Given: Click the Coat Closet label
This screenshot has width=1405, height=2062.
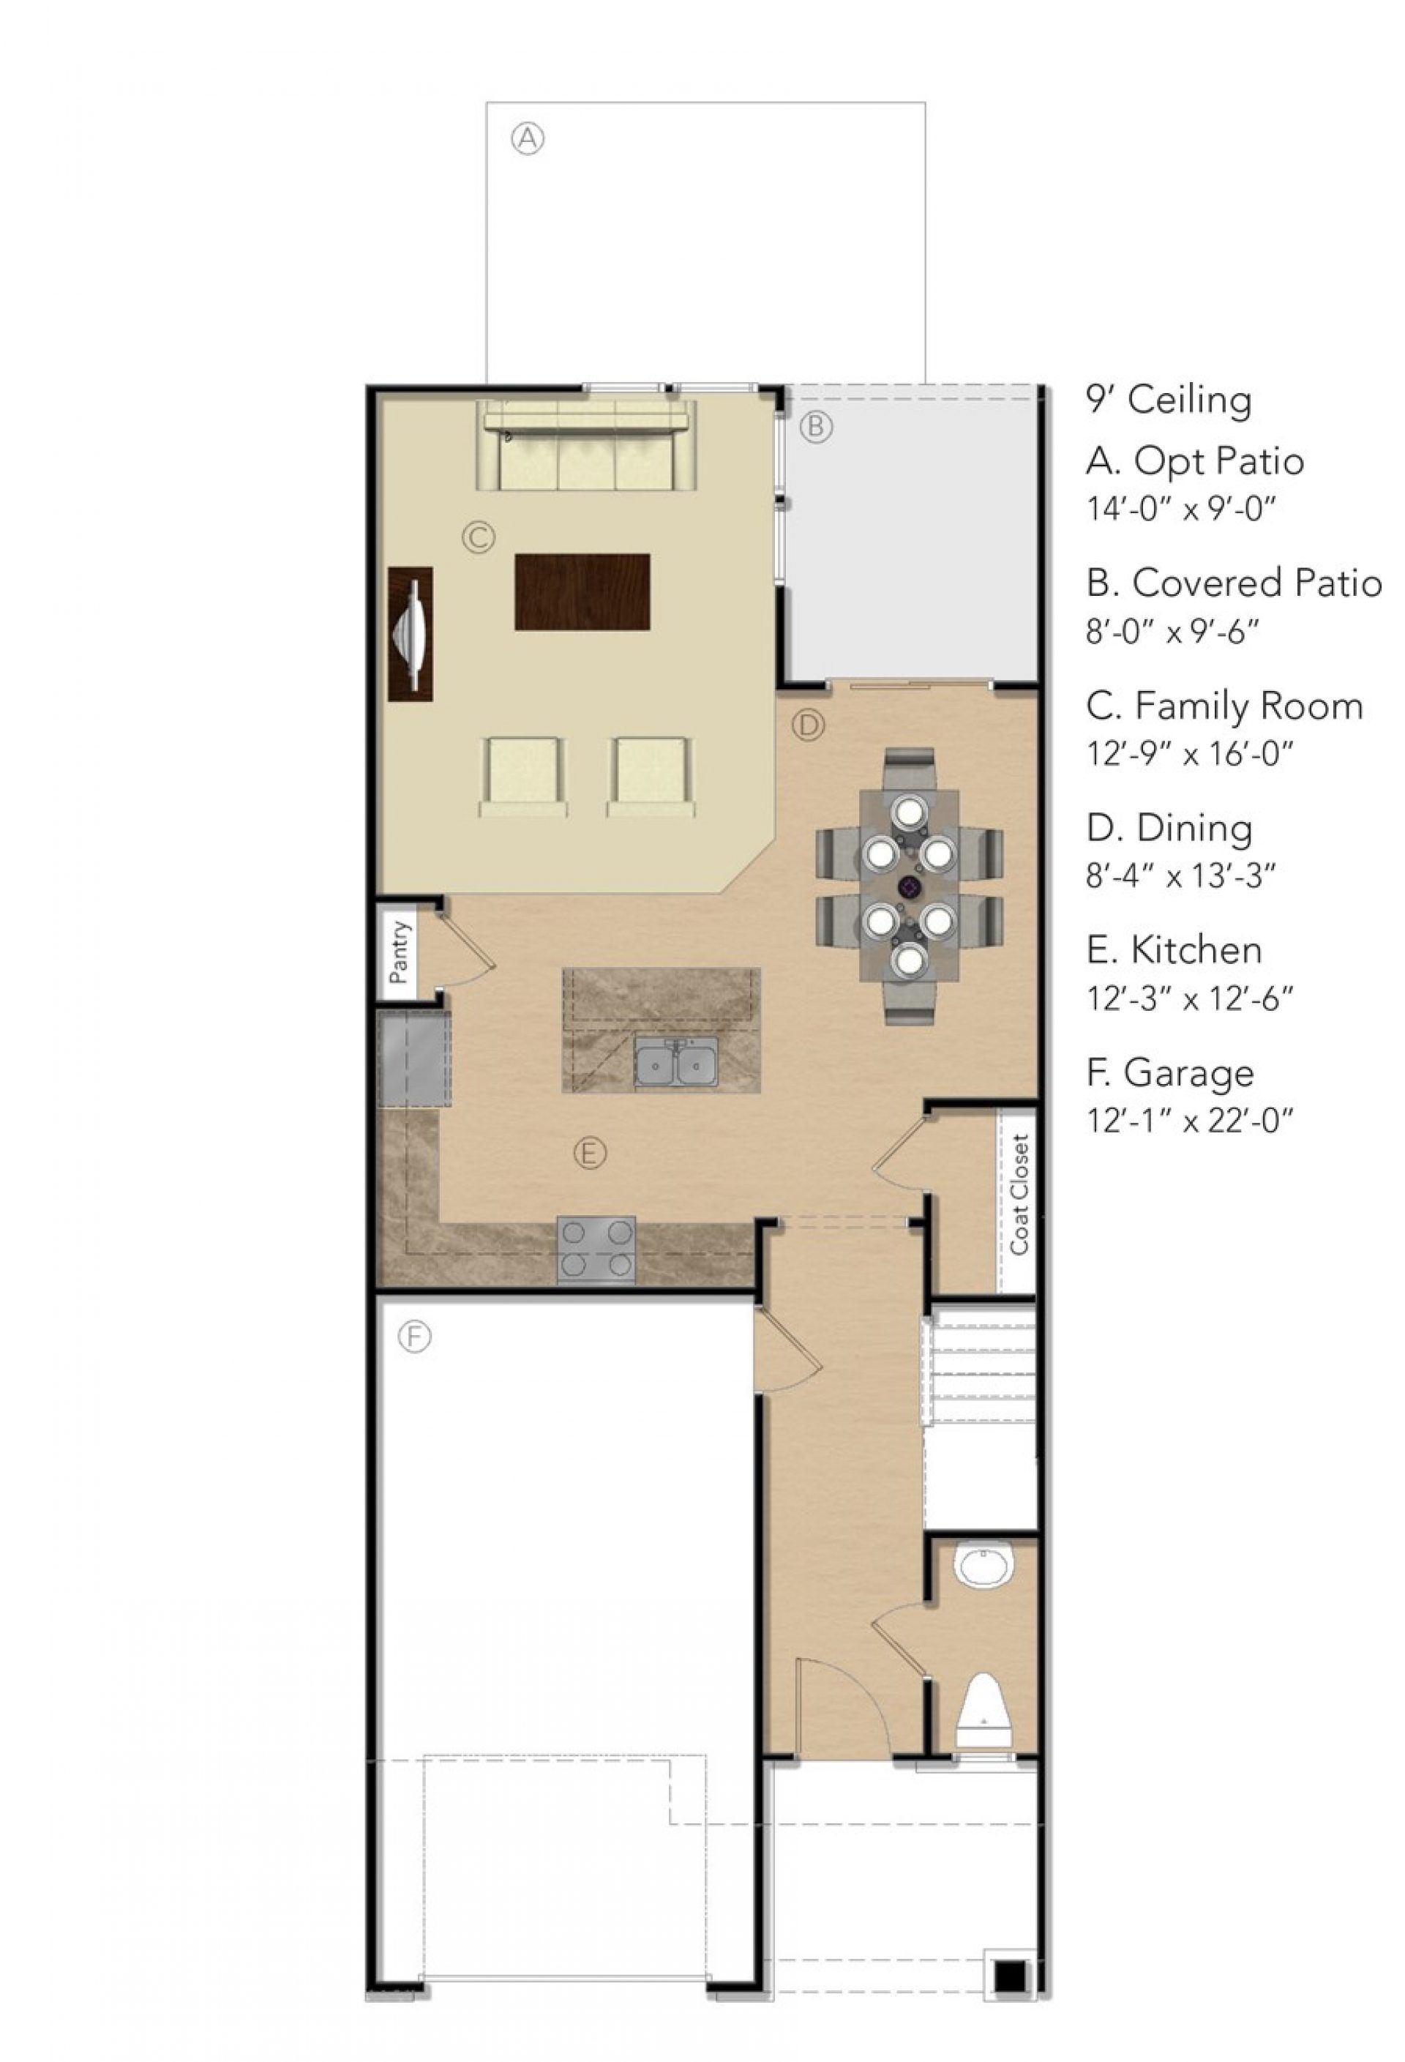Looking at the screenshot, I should point(1019,1195).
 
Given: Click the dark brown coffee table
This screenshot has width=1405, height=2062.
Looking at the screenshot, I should point(582,591).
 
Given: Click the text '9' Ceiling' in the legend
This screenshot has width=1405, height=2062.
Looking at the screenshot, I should point(1168,400).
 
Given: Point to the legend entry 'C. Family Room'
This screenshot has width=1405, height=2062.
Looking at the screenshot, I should point(1224,706).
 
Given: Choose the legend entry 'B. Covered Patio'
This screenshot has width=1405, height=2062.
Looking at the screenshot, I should point(1234,584).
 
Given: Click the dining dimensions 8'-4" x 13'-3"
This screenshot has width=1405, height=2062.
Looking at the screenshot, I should point(1180,878).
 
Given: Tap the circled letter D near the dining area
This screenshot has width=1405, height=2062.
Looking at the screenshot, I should point(807,725).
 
